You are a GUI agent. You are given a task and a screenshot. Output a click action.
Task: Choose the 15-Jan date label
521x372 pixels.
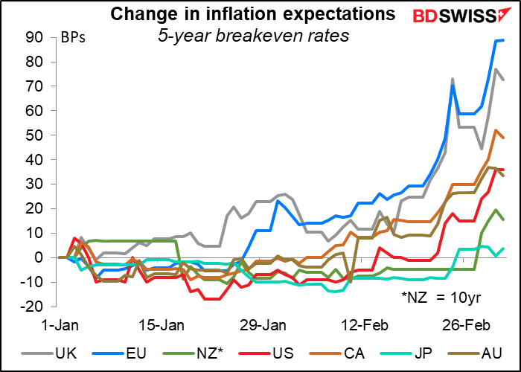(x=162, y=326)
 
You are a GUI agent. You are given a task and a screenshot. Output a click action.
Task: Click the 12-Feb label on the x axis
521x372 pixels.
(x=364, y=326)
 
